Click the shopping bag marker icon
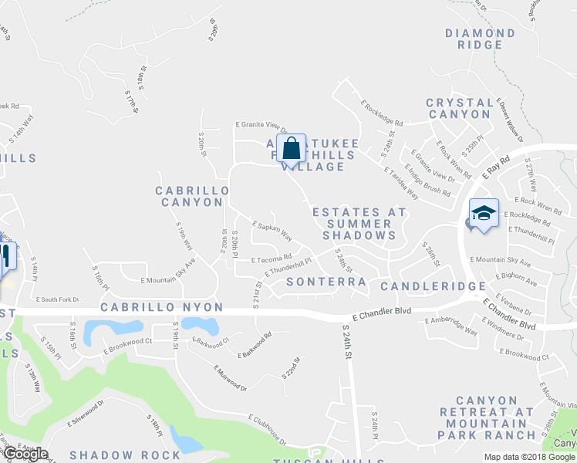pyautogui.click(x=292, y=147)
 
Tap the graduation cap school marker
pyautogui.click(x=484, y=213)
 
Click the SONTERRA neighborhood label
pyautogui.click(x=326, y=282)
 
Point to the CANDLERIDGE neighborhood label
pyautogui.click(x=434, y=286)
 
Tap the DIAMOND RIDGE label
pyautogui.click(x=480, y=39)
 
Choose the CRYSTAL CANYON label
pyautogui.click(x=459, y=108)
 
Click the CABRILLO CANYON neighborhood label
pyautogui.click(x=192, y=196)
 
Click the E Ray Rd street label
pyautogui.click(x=498, y=166)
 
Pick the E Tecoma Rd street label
pyautogui.click(x=270, y=258)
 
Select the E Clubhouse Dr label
pyautogui.click(x=266, y=430)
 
